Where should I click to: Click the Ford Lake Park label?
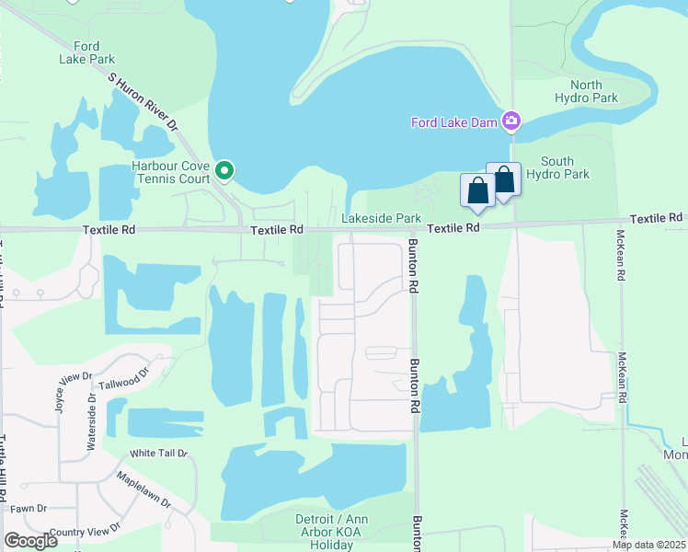click(86, 53)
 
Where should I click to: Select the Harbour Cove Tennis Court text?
click(171, 172)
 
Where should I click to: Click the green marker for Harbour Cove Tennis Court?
click(224, 170)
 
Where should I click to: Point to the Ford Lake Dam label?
click(453, 121)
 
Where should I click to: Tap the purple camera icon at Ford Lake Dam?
click(511, 121)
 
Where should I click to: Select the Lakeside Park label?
click(381, 218)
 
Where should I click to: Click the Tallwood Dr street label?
click(123, 379)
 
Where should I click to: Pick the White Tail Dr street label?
click(158, 454)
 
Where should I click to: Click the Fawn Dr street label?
click(29, 509)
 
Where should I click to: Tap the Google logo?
click(31, 541)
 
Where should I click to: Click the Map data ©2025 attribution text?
click(649, 545)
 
